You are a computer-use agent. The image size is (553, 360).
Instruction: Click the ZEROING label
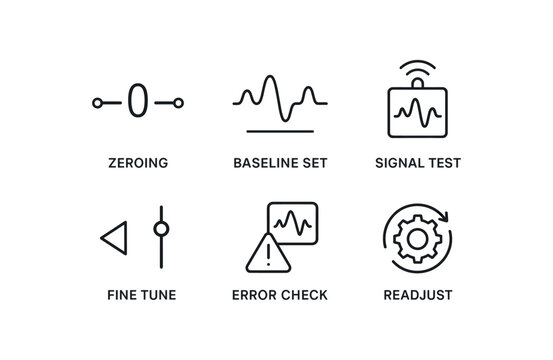click(x=138, y=163)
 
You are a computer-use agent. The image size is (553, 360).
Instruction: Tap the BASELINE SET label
click(x=279, y=163)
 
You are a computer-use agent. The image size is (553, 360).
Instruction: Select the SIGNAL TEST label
click(x=417, y=163)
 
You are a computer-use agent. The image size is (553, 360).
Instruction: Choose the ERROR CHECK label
click(x=279, y=295)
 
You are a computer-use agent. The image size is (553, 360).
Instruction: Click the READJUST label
click(x=417, y=295)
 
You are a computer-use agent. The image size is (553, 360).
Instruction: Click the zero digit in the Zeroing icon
click(x=138, y=101)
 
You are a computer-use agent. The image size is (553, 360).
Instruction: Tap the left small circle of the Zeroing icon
click(x=98, y=102)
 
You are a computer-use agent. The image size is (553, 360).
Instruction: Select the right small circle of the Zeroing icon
click(x=178, y=102)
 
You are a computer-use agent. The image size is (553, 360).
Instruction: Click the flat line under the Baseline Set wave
click(x=279, y=130)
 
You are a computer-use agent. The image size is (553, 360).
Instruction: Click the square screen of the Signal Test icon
click(x=417, y=112)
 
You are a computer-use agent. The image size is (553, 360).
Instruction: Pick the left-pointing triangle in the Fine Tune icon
click(x=113, y=239)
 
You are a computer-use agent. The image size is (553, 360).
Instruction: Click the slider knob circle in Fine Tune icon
click(x=160, y=228)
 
